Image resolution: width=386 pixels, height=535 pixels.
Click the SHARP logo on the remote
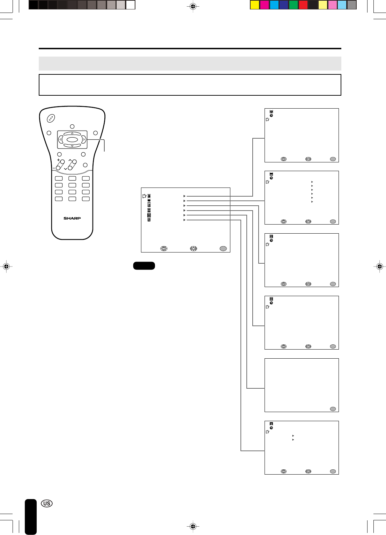coord(72,218)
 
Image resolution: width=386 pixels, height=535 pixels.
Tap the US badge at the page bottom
coord(47,503)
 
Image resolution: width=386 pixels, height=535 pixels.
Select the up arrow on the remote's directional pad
coord(72,133)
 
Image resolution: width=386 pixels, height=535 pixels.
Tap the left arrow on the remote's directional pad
coord(60,140)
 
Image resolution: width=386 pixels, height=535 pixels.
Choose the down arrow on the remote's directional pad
coord(72,146)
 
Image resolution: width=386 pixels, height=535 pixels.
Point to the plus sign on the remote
coord(58,160)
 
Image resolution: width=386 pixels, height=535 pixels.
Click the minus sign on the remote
coord(54,168)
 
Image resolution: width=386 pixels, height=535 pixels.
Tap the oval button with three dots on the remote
coord(51,118)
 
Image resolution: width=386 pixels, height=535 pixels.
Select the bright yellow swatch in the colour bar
coord(255,5)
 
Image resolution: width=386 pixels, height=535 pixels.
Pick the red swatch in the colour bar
coord(303,5)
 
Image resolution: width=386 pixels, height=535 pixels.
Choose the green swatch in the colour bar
coord(294,5)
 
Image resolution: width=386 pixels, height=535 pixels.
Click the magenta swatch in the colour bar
coord(265,5)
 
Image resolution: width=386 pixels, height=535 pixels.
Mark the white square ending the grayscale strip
coord(131,5)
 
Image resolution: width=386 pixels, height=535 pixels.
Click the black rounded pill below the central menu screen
coord(144,266)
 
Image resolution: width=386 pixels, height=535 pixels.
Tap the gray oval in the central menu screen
coord(223,249)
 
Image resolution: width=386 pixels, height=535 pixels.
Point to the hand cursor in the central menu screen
coord(144,196)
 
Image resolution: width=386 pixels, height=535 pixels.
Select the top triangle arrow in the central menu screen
coord(184,196)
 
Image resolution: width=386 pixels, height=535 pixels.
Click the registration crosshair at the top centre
coord(193,6)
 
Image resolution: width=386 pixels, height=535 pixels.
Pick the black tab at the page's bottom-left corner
coord(31,517)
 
